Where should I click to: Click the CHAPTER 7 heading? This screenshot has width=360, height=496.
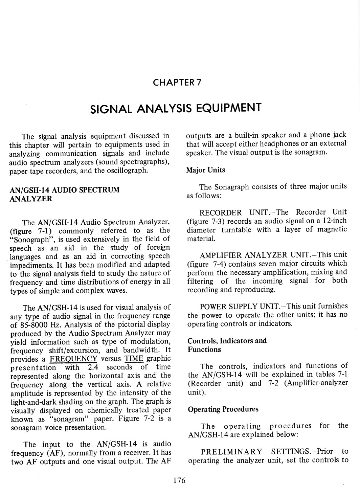177,83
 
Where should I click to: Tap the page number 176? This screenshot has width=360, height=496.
179,480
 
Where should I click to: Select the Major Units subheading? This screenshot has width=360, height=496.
206,170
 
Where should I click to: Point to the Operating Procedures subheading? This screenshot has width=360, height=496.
223,409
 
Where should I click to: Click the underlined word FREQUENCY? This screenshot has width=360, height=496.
73,359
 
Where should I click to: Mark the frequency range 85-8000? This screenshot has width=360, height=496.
36,325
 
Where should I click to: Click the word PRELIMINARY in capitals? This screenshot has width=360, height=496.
231,452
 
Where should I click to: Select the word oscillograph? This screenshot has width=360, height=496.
127,171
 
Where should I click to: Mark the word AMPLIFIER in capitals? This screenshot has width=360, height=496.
221,255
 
